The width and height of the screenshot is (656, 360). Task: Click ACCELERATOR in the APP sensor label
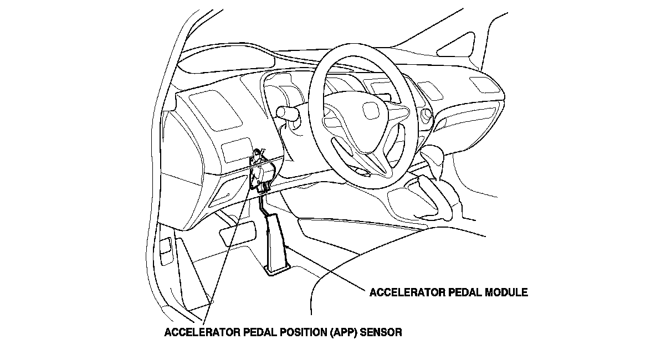(x=199, y=333)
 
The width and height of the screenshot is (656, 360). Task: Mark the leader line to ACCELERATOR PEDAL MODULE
(x=327, y=271)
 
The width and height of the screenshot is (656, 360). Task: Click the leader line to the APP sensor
(x=227, y=249)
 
